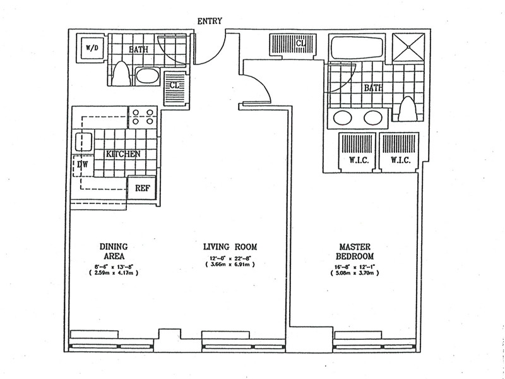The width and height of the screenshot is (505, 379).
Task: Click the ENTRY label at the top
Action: pos(210,21)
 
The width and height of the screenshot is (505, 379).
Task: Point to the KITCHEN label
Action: pos(122,154)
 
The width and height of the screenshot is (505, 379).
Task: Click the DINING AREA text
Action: pos(114,251)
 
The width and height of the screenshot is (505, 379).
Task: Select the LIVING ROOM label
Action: pos(230,246)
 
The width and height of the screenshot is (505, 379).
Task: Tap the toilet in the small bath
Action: pos(124,75)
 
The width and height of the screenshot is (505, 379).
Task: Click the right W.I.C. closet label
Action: pos(400,159)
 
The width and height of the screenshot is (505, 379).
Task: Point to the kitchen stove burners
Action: pos(143,118)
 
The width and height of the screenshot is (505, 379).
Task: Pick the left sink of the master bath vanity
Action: pos(343,118)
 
